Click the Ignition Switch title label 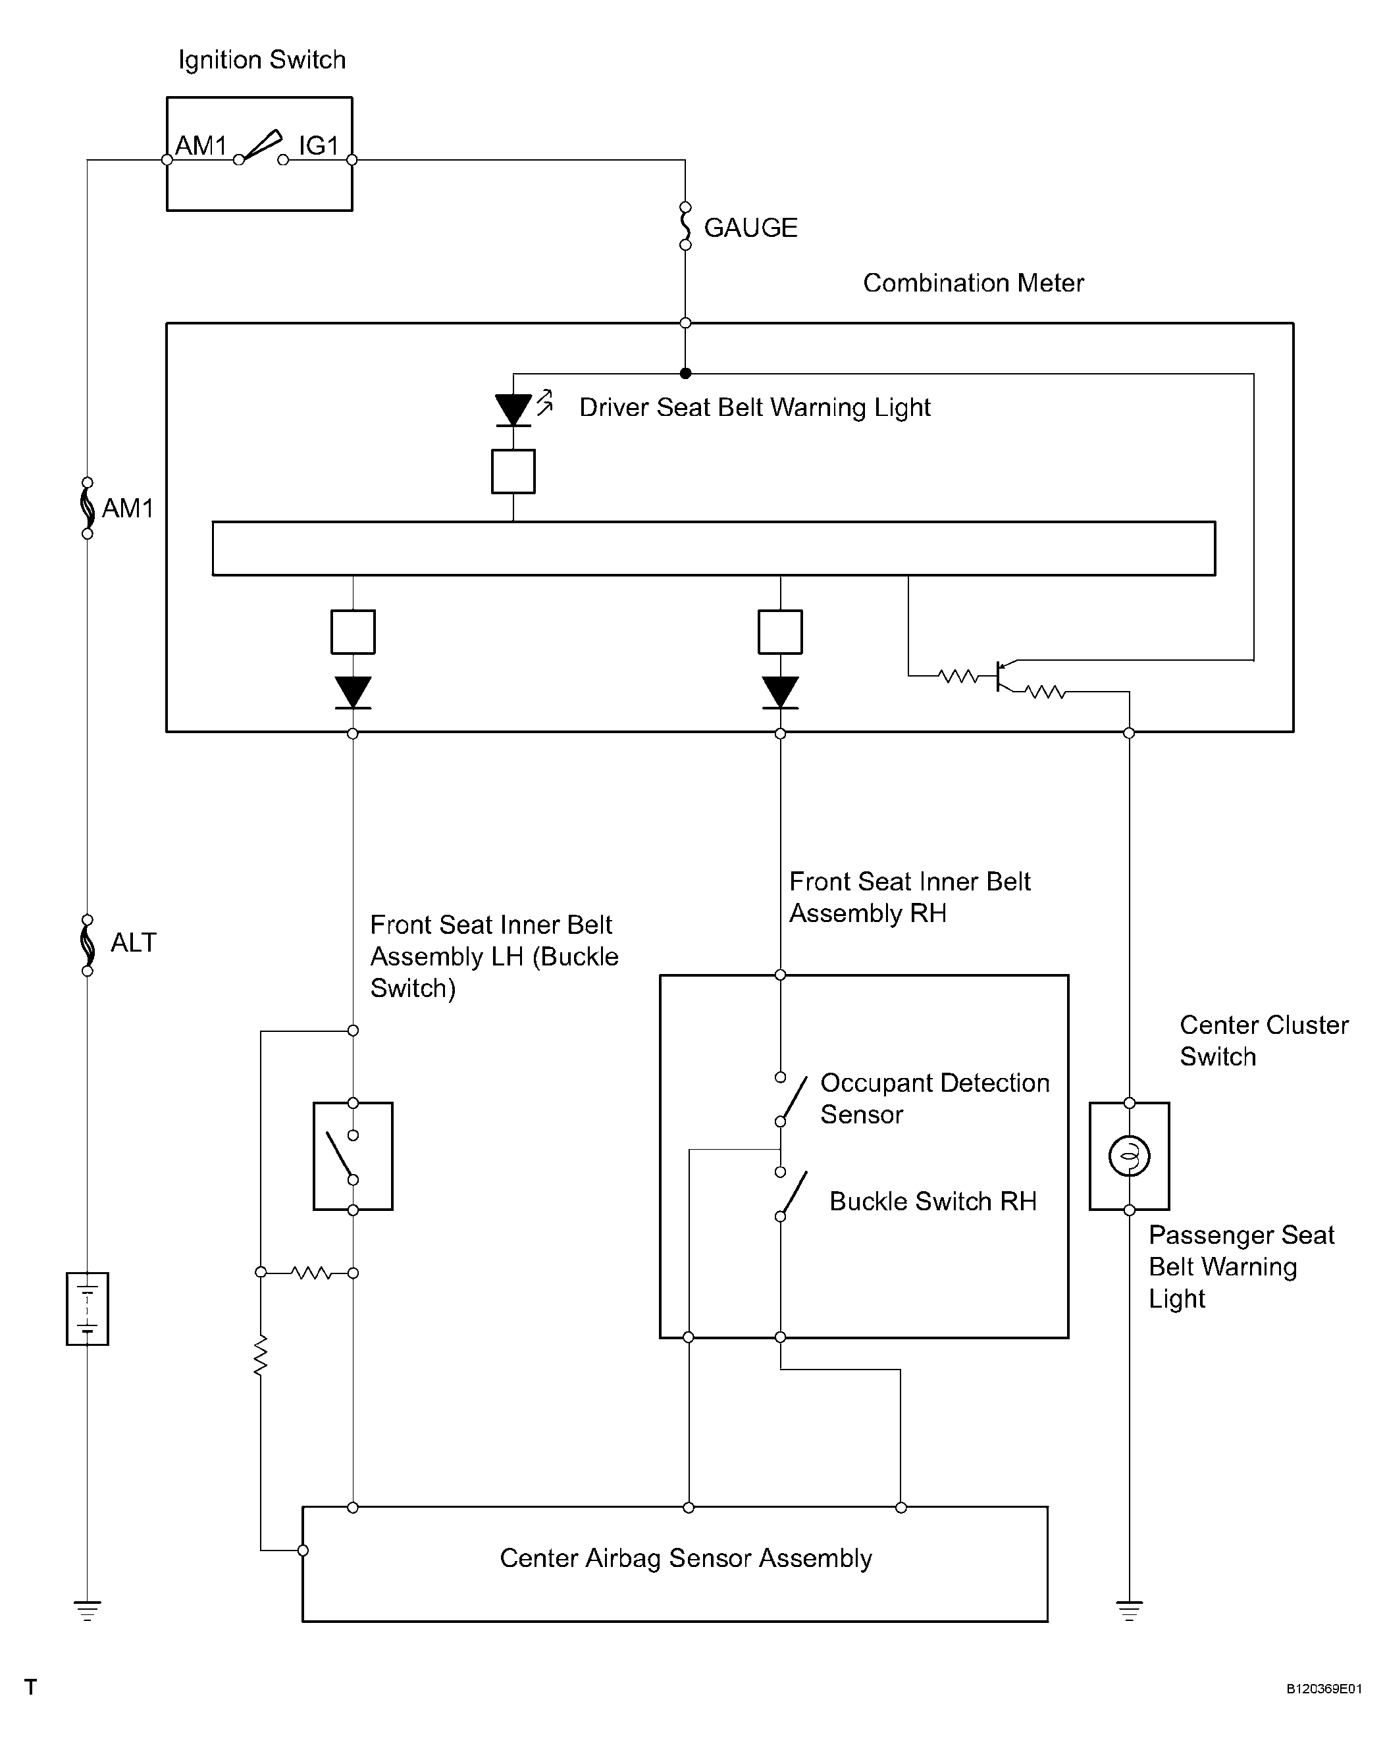[261, 61]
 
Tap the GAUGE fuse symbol [685, 226]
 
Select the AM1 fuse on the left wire [88, 507]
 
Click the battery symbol [88, 1309]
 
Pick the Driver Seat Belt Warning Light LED [513, 409]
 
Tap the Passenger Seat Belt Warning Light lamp [1130, 1155]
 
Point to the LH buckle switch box [353, 1156]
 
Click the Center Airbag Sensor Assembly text [686, 1558]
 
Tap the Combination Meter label [973, 283]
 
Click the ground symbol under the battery [88, 1610]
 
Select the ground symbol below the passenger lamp [1130, 1610]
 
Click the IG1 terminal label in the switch [318, 145]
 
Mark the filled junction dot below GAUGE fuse [685, 374]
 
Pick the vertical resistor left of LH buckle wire [261, 1355]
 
